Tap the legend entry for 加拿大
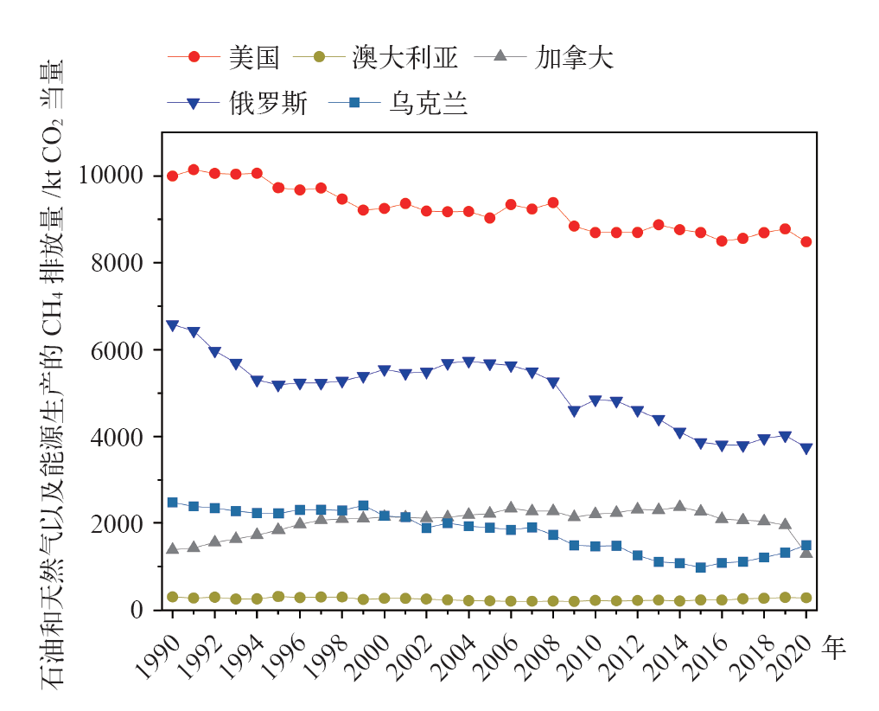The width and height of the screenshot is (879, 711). (x=575, y=58)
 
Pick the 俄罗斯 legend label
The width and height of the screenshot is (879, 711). (x=267, y=104)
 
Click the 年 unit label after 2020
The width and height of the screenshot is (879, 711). (x=833, y=648)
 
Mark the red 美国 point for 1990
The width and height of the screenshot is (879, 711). (x=172, y=176)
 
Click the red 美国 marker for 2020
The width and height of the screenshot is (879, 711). (x=806, y=242)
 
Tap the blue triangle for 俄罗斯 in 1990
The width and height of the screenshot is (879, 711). (x=172, y=326)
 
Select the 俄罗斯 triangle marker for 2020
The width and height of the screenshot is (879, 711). (x=806, y=449)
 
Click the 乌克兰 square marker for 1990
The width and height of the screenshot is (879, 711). (x=172, y=503)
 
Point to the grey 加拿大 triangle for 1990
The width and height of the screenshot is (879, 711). (x=172, y=548)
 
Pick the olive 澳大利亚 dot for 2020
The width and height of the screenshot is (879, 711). (x=806, y=598)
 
